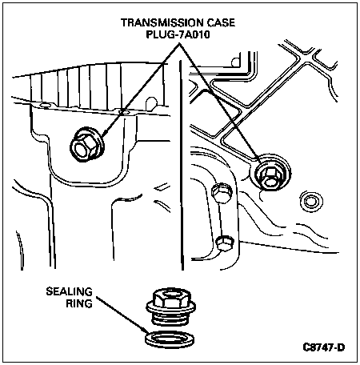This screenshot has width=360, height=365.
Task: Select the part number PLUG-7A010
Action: click(x=178, y=34)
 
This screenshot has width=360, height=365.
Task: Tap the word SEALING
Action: click(x=70, y=291)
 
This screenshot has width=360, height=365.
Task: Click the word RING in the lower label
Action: click(x=79, y=303)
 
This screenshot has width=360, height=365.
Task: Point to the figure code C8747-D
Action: click(x=324, y=347)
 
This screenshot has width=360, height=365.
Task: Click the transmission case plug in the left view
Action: click(x=86, y=144)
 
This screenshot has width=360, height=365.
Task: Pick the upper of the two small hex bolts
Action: click(x=222, y=191)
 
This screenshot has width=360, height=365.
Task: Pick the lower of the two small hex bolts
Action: click(x=225, y=243)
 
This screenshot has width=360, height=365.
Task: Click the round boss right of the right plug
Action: click(x=311, y=201)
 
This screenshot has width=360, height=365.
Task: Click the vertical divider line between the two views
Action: click(x=182, y=166)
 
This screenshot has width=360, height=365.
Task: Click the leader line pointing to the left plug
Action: click(x=141, y=89)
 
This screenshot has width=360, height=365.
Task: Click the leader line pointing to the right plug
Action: click(x=220, y=102)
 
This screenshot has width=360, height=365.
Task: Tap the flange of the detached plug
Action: click(x=170, y=307)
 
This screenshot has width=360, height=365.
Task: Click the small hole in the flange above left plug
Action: click(x=123, y=112)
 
